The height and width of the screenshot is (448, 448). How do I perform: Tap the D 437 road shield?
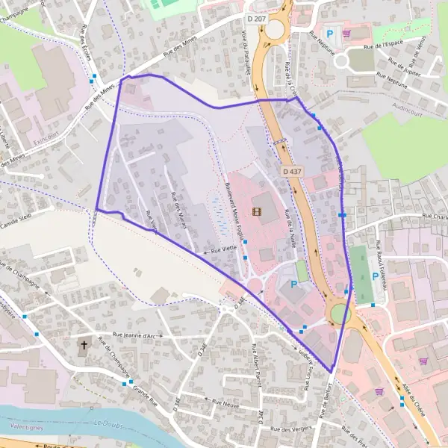tap(293, 172)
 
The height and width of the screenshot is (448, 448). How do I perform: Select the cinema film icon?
tap(258, 211)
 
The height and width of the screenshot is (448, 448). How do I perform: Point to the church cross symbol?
tap(84, 345)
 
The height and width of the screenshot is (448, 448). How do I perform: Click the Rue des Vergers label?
tap(290, 429)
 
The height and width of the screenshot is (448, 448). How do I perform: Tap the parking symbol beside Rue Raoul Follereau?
tap(375, 277)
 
